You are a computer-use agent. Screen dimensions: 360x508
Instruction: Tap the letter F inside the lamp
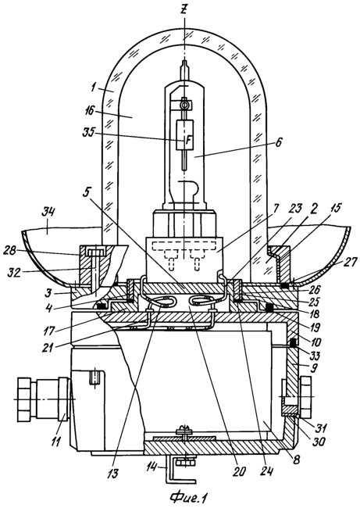pos(187,140)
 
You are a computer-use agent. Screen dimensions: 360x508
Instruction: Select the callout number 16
pos(90,111)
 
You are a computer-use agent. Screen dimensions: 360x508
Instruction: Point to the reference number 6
pos(279,141)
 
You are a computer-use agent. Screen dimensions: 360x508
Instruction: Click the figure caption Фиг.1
pos(189,497)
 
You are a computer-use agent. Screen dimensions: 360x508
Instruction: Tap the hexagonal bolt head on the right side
pos(306,397)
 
